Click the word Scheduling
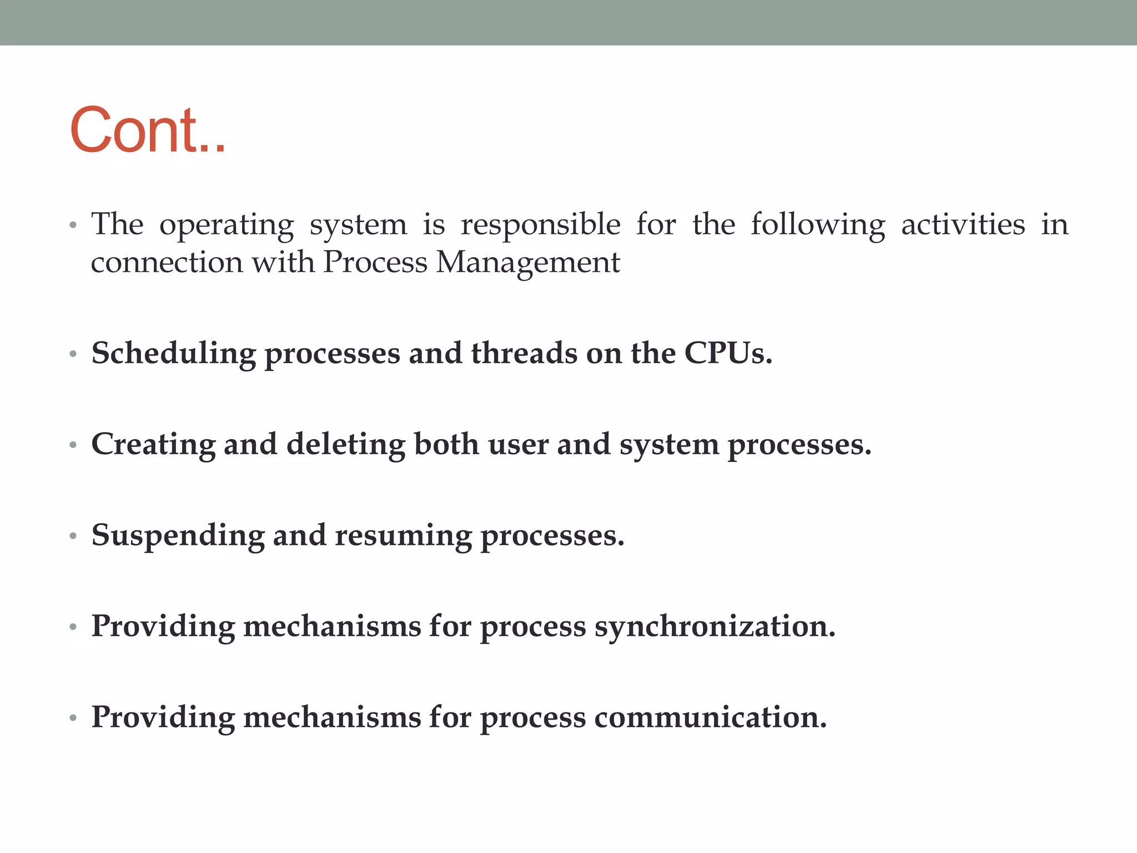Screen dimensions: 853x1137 (x=174, y=354)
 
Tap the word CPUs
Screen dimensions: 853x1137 (x=727, y=353)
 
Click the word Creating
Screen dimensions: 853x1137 (x=153, y=445)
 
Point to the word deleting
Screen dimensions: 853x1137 (x=346, y=445)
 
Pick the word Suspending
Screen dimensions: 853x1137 (x=178, y=536)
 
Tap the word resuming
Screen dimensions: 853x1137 (x=403, y=536)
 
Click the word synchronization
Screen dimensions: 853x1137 (x=715, y=627)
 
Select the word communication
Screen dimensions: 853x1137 (x=710, y=717)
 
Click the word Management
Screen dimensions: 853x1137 (x=528, y=263)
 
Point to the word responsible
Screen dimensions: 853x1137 (x=540, y=225)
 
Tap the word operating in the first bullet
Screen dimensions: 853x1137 (x=227, y=225)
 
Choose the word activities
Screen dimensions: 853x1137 (x=963, y=224)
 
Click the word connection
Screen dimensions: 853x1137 (x=167, y=262)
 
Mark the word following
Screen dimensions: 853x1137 (x=818, y=225)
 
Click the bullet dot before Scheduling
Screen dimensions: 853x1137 (x=73, y=354)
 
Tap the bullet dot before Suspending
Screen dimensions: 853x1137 (x=73, y=536)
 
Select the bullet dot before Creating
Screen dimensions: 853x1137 (x=73, y=445)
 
